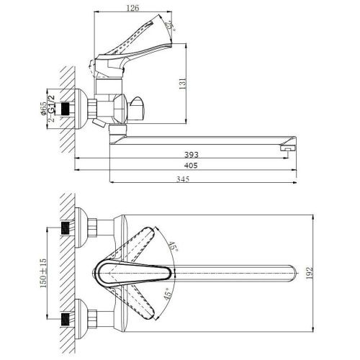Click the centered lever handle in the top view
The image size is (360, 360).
pyautogui.click(x=133, y=272)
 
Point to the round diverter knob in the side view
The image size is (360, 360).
pyautogui.click(x=138, y=109)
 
